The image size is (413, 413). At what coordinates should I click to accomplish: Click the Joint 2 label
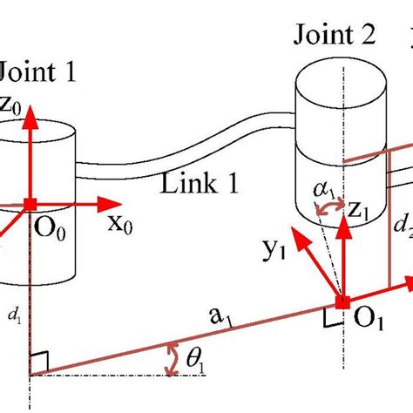(335, 37)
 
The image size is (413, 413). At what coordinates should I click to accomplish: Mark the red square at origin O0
(30, 204)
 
